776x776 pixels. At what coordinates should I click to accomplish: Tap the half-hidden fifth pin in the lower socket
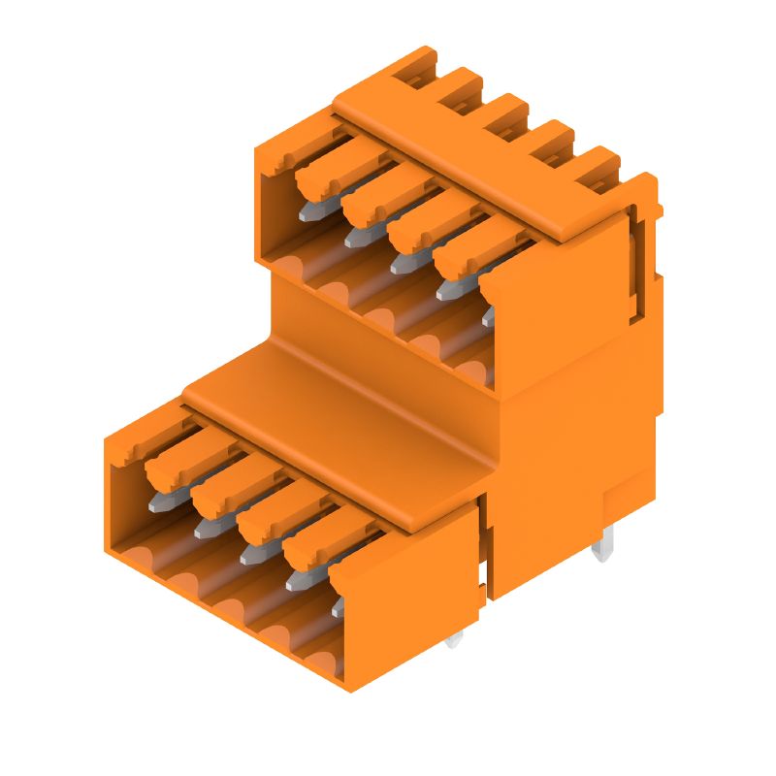[338, 608]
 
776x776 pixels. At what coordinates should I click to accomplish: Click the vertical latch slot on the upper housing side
[636, 262]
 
